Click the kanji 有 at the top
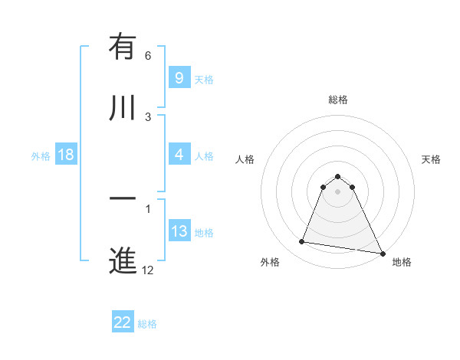[123, 47]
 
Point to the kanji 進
[123, 260]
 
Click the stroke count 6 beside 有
[148, 56]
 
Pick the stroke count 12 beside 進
[148, 269]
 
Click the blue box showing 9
[179, 78]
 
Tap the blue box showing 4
[179, 155]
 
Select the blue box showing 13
[179, 231]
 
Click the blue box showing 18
[66, 155]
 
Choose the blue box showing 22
[123, 322]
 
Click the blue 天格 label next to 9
[204, 79]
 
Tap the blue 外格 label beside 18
[41, 155]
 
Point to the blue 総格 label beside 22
[147, 323]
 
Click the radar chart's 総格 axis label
[337, 100]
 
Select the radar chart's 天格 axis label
[431, 159]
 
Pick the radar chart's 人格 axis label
[245, 159]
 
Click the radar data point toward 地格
[383, 253]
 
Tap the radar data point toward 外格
[302, 242]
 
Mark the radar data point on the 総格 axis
[337, 176]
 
